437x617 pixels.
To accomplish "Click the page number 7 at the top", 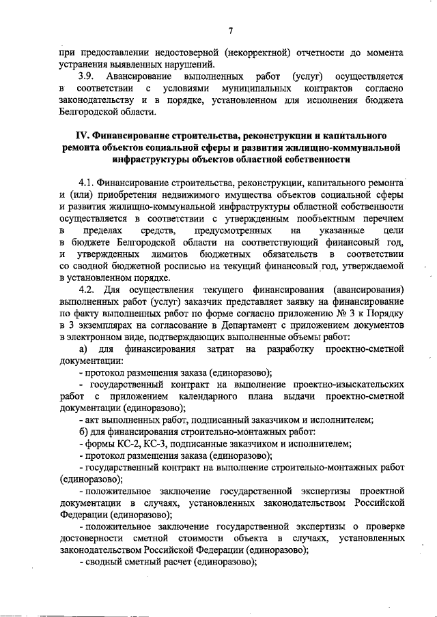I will coord(231,29).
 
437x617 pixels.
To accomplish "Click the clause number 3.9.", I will coord(89,78).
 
